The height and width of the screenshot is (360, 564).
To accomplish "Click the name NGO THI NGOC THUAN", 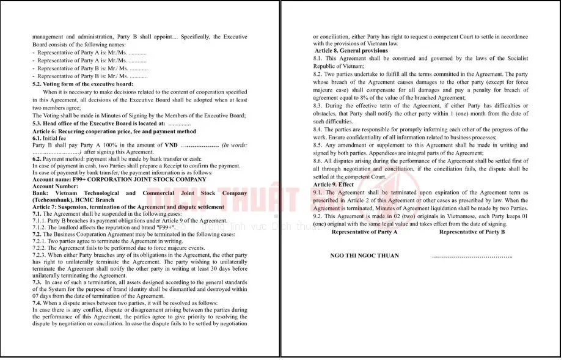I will (364, 255).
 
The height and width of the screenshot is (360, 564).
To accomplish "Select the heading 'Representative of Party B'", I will (472, 232).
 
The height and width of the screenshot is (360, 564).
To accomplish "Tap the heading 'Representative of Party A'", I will (364, 232).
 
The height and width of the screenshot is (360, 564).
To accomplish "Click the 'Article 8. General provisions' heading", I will (351, 51).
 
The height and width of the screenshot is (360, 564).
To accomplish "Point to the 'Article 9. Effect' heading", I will (334, 185).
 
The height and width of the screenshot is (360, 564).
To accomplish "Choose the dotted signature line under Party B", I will (472, 255).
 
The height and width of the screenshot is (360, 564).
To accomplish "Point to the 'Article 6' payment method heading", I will (114, 131).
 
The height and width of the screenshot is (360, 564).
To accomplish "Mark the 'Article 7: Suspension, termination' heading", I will (128, 207).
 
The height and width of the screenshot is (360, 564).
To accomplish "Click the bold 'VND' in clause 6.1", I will (171, 145).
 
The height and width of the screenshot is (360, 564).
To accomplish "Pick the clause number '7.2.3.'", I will (42, 255).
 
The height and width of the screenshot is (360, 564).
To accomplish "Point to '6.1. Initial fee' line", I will (49, 139).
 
